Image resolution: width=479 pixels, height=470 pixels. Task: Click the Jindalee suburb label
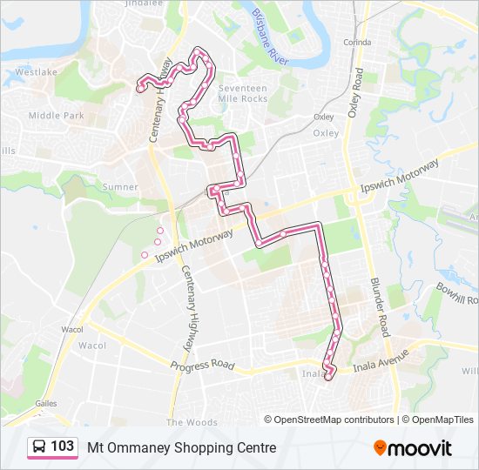[x=144, y=3]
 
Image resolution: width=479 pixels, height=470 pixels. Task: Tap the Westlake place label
[x=35, y=73]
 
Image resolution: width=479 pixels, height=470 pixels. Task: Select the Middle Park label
[x=56, y=115]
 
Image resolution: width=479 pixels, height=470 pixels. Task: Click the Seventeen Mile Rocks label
[x=243, y=94]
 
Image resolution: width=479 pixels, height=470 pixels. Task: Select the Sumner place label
[x=120, y=186]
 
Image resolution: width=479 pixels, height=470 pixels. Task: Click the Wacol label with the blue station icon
[x=71, y=330]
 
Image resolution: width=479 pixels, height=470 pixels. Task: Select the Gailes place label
[x=45, y=403]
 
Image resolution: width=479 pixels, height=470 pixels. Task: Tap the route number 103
[x=62, y=446]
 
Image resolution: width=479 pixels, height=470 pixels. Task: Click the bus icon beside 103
[x=39, y=447]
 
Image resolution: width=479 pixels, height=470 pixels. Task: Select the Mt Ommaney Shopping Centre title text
[x=181, y=447]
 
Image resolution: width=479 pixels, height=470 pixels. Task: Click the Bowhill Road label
[x=458, y=292]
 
